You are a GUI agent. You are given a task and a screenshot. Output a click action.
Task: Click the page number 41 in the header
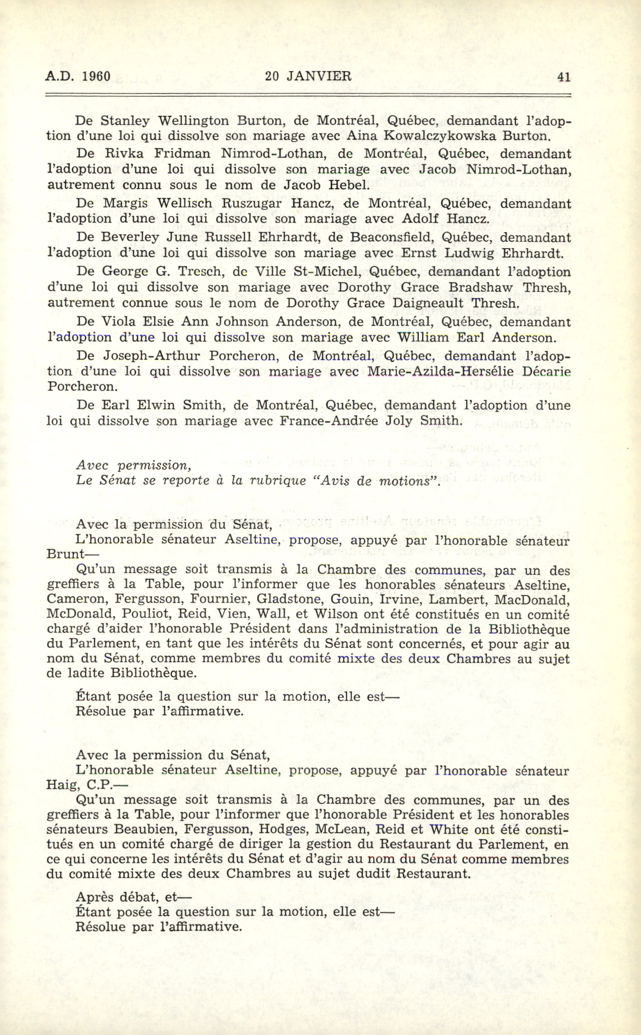click(564, 77)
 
